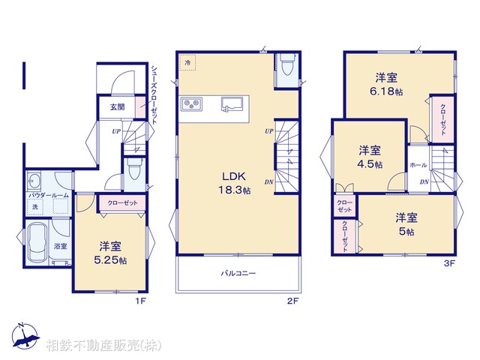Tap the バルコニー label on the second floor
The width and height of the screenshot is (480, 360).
pos(238,274)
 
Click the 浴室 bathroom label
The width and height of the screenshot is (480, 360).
pos(60,245)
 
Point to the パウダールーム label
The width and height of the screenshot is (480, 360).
pos(49,195)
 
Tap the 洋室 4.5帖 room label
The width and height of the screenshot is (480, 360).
pos(369,156)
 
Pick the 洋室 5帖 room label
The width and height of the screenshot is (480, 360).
pos(406,224)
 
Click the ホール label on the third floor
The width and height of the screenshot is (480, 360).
pos(418,165)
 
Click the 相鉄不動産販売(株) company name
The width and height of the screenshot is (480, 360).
pos(103,346)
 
